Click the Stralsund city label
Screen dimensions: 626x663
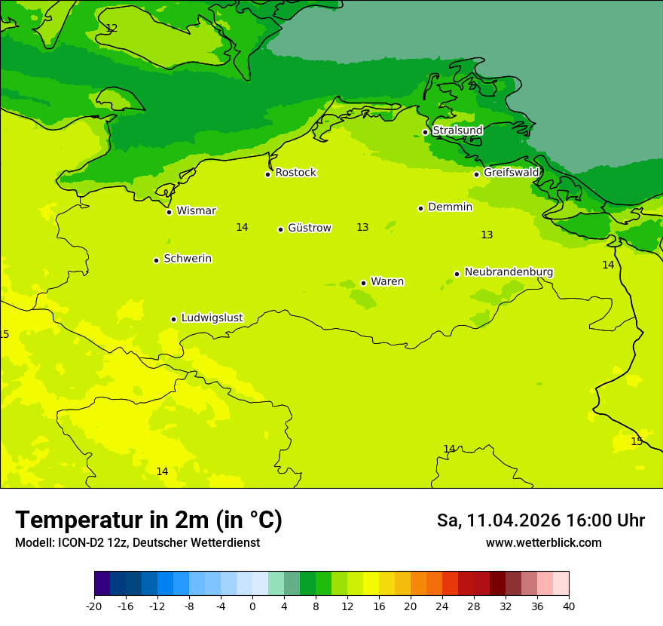[457, 130]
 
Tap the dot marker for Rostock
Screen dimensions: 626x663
[267, 174]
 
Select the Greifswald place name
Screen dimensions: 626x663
[511, 173]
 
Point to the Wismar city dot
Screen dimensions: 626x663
[170, 212]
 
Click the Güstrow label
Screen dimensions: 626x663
[309, 228]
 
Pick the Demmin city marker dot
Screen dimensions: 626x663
[420, 208]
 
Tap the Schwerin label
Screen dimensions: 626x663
[188, 259]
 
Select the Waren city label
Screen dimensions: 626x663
[387, 282]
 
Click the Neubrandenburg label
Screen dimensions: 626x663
[509, 272]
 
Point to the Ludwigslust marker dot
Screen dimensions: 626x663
[173, 319]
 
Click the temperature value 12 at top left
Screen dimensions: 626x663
[112, 28]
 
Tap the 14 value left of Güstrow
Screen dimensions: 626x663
[242, 227]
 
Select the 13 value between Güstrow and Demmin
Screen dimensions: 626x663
[362, 227]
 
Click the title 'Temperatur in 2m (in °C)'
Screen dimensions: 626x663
[148, 520]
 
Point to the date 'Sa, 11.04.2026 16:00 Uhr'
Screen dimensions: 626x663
[540, 520]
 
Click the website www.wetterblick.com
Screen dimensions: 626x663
[543, 543]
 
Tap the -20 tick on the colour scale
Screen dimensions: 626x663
[94, 606]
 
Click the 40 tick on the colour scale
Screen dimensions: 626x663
[569, 606]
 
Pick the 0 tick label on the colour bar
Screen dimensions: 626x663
[252, 606]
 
